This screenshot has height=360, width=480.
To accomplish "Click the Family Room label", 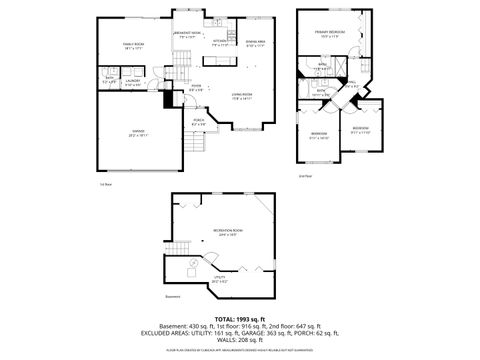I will point(134,46).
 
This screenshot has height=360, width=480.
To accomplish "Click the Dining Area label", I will point(254,44).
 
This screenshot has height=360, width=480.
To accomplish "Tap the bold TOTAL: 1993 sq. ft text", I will point(239,317).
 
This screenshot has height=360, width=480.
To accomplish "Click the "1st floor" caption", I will point(104,184).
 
